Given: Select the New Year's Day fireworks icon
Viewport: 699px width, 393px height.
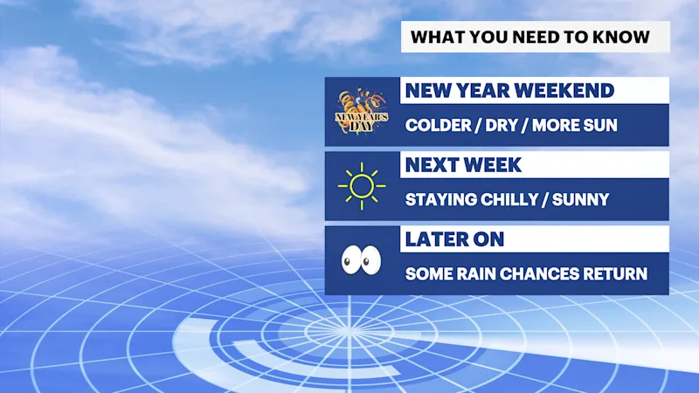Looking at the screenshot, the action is point(362,111).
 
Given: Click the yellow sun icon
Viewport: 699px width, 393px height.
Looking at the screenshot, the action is point(362,186).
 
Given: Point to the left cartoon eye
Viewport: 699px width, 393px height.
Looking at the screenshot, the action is point(349,259).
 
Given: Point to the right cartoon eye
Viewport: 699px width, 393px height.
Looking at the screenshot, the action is point(370,259).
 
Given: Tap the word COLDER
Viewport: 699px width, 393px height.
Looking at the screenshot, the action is point(439,125).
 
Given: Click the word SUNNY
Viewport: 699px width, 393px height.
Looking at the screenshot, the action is point(580,200).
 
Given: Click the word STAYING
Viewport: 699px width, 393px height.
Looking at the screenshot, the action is point(441,200).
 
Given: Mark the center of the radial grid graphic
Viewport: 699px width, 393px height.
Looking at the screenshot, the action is point(348,331).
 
